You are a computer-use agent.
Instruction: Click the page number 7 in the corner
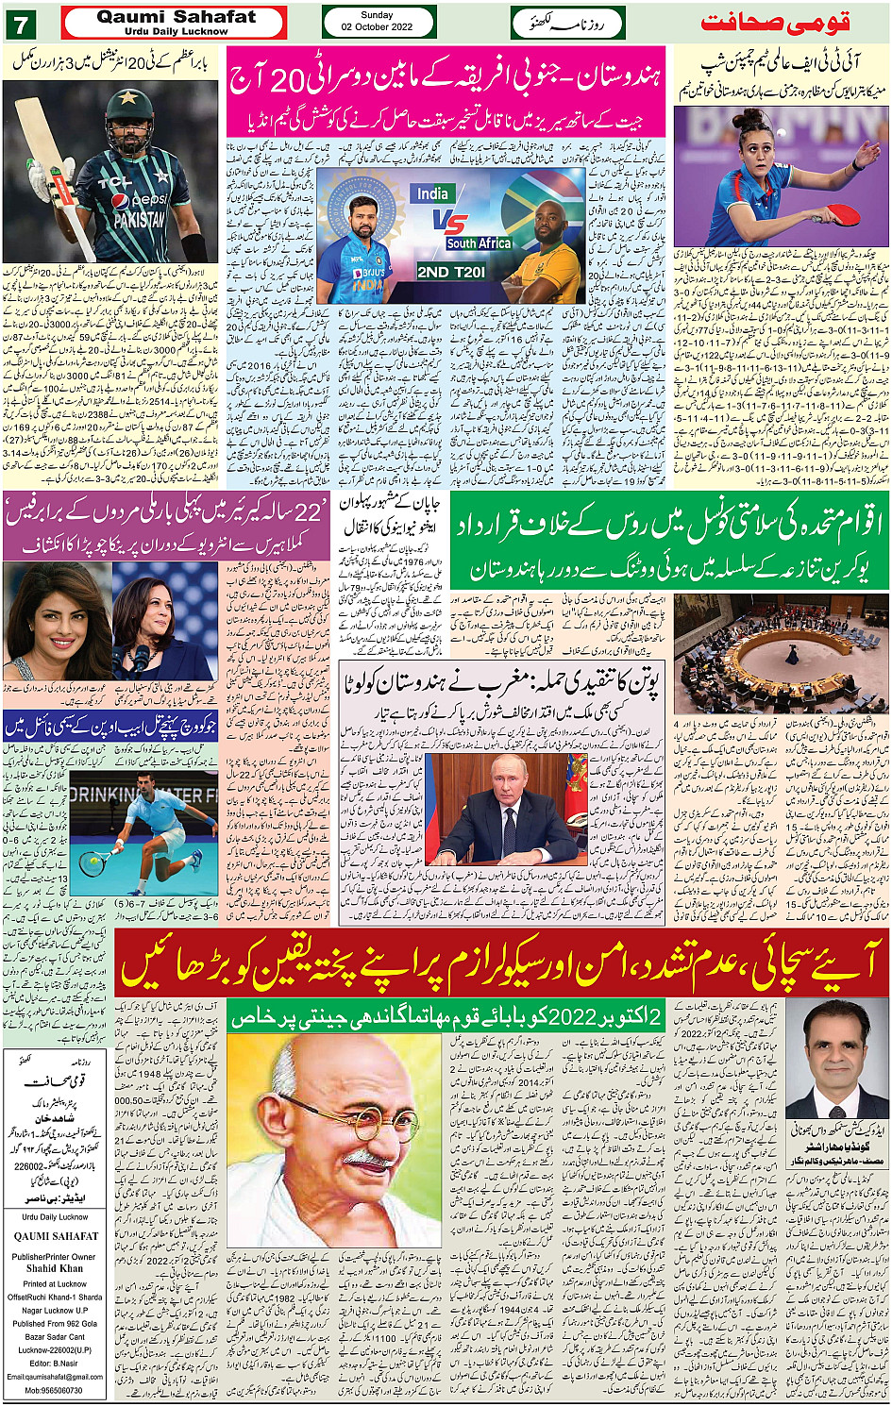(21, 24)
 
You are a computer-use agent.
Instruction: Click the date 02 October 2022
(377, 26)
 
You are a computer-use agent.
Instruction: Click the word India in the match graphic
(432, 193)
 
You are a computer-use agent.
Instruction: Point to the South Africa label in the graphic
(479, 243)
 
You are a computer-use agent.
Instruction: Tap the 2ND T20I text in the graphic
(451, 272)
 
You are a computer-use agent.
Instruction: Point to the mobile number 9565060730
(54, 1390)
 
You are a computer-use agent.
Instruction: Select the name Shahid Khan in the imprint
(54, 1269)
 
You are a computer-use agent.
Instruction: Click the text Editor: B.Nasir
(54, 1363)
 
